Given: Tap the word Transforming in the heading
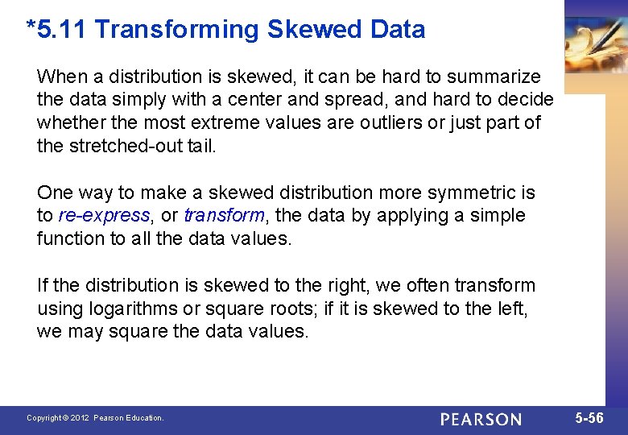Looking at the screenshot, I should click(x=177, y=30).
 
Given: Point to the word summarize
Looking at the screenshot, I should click(x=494, y=77).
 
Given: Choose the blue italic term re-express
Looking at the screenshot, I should click(x=104, y=216).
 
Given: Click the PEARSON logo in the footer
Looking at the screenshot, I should click(x=481, y=419).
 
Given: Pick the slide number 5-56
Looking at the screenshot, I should click(x=589, y=418).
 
